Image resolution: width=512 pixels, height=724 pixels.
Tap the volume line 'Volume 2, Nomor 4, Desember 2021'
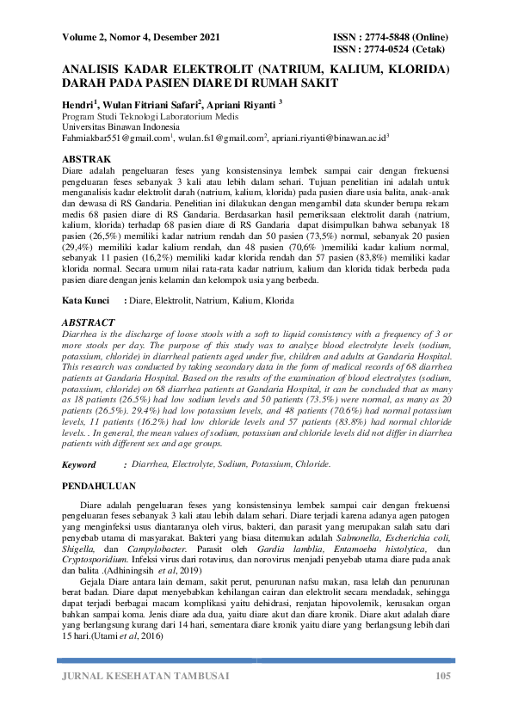141,39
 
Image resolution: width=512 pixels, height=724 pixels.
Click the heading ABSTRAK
87,159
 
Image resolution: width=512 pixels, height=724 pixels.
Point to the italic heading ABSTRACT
89,322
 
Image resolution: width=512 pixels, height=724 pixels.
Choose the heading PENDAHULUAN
101,486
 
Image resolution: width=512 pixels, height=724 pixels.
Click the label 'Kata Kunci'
86,301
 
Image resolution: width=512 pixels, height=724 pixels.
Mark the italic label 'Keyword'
80,464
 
